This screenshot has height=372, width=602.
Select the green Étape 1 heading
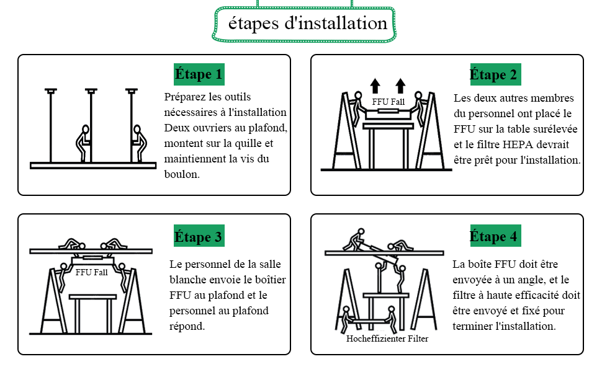point(199,75)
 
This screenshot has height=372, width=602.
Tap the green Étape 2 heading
point(495,75)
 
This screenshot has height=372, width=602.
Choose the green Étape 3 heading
point(199,237)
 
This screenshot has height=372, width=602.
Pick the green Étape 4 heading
point(495,237)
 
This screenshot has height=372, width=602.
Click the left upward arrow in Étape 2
point(375,86)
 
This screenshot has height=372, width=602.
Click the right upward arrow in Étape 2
point(400,86)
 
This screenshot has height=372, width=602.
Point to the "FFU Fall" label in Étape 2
point(388,101)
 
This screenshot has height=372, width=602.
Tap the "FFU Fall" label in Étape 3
point(91,271)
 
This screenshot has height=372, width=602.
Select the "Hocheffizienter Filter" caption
point(387,339)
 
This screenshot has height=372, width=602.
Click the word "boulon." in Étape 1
point(182,175)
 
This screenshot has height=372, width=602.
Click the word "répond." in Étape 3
point(187,326)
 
